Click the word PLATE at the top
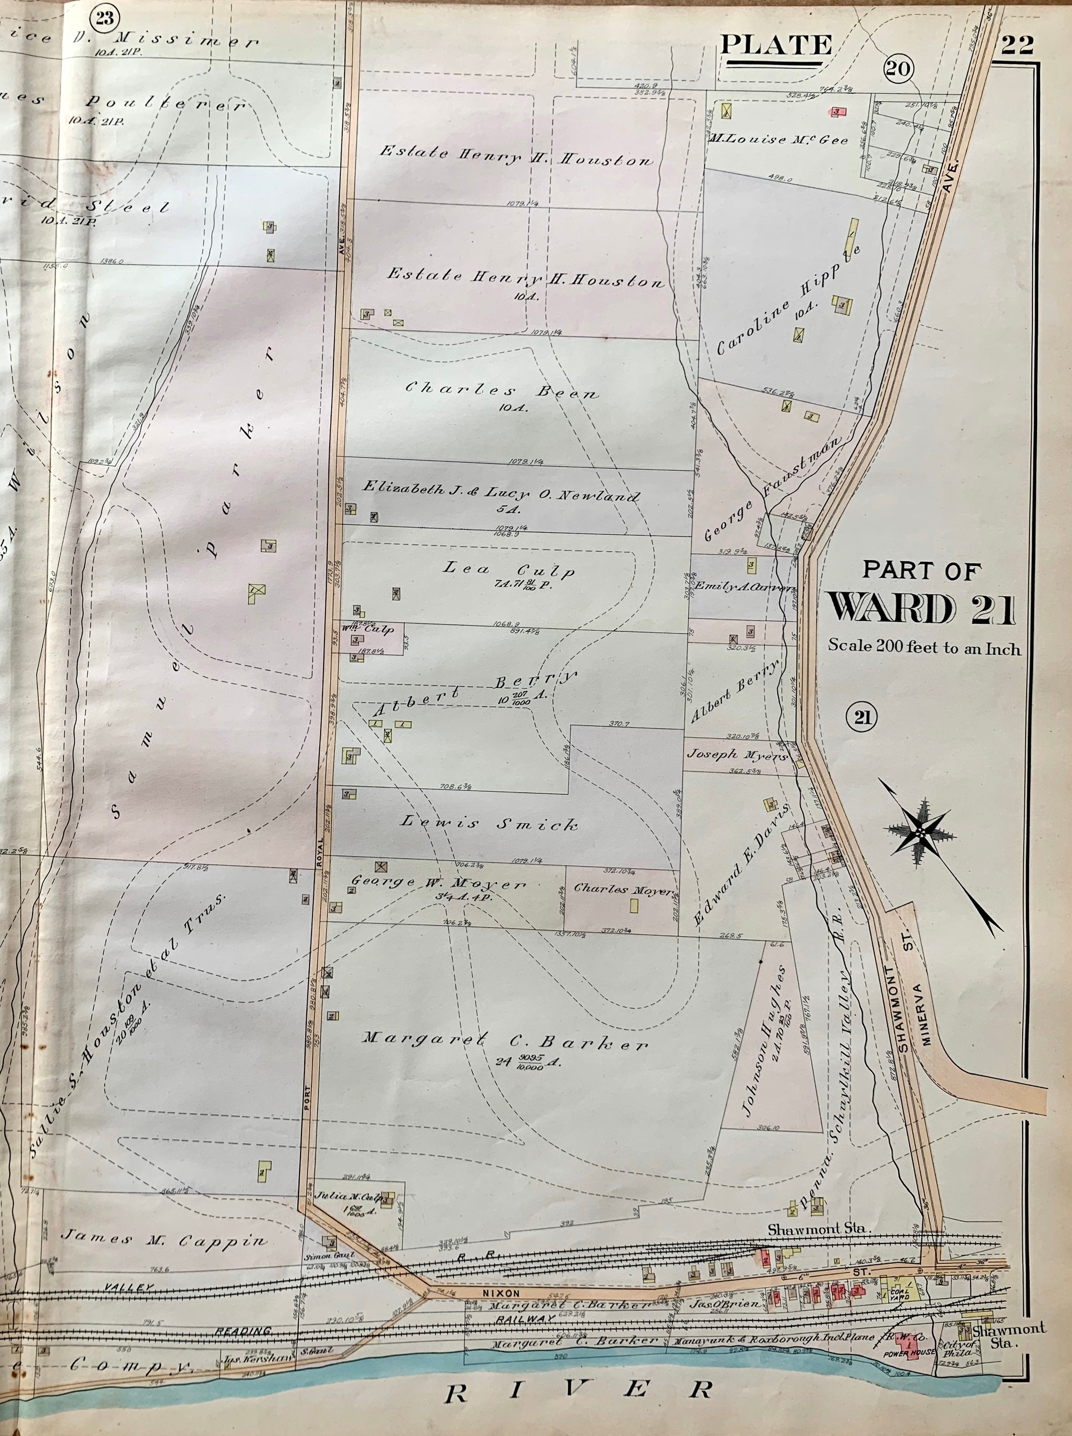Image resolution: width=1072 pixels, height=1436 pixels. pos(777,45)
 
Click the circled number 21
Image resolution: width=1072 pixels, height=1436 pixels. pos(861,718)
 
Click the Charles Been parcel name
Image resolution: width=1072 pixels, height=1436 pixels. pos(502,391)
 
